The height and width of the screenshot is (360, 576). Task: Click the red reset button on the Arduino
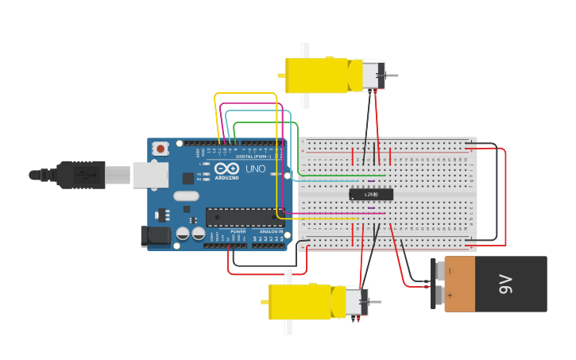coord(161,148)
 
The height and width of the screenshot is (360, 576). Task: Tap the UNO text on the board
coord(256,168)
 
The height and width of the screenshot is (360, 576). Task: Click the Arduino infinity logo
coord(226,168)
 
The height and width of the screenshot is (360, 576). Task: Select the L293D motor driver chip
coord(371,194)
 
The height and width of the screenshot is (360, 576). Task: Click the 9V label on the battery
coord(506,284)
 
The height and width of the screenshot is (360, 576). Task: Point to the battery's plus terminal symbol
coord(450,296)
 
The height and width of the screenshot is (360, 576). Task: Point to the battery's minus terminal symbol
coord(450,270)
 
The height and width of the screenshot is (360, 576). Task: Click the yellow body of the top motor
coord(316,75)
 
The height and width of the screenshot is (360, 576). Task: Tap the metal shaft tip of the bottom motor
coord(377,302)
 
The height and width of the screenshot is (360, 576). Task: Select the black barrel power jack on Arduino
coord(155,235)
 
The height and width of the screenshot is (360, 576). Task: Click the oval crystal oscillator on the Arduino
coord(186,195)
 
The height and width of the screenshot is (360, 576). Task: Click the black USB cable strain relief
coord(76,174)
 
